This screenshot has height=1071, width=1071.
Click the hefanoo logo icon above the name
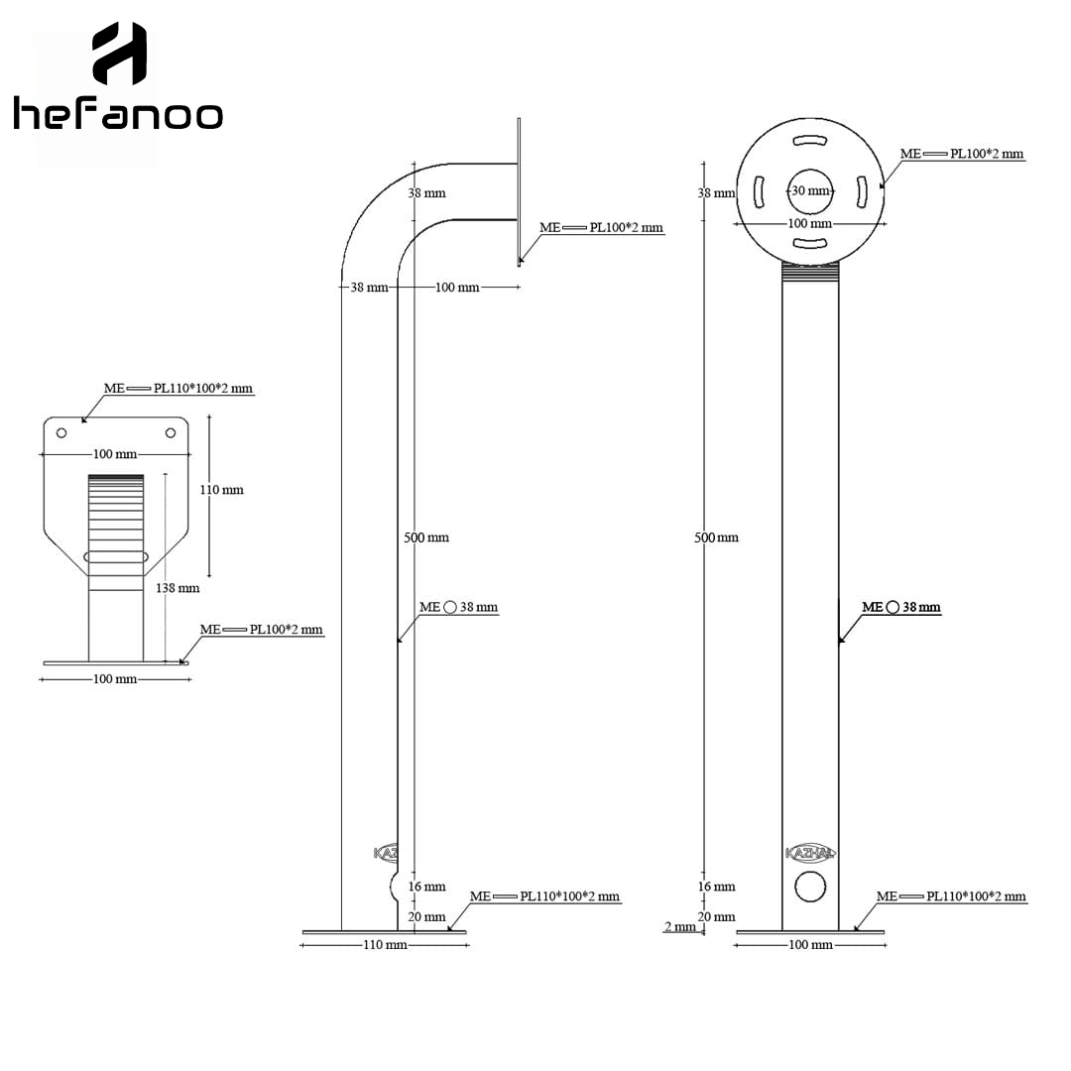120,54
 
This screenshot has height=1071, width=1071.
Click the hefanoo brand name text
118,113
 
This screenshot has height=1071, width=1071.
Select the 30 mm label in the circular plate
811,190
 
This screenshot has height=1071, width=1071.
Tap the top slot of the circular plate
811,141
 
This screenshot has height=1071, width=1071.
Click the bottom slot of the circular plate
811,243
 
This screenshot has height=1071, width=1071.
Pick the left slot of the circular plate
759,192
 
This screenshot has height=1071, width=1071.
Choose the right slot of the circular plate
862,192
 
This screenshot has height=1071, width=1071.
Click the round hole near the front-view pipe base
811,887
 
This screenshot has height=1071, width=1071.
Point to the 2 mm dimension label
679,926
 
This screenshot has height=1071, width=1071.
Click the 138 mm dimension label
178,587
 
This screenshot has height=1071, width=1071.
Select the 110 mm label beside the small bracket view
221,489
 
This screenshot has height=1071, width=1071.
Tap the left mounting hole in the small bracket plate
61,433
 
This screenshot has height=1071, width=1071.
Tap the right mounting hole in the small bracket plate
171,432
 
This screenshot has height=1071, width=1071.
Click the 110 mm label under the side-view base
385,945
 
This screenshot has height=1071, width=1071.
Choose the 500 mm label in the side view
426,537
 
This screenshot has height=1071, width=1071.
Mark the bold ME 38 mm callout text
900,607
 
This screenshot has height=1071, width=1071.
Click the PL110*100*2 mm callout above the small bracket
203,388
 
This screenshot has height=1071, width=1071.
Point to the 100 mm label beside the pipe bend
457,288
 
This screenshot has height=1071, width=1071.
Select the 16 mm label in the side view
426,887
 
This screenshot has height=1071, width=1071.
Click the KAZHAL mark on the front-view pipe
810,853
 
